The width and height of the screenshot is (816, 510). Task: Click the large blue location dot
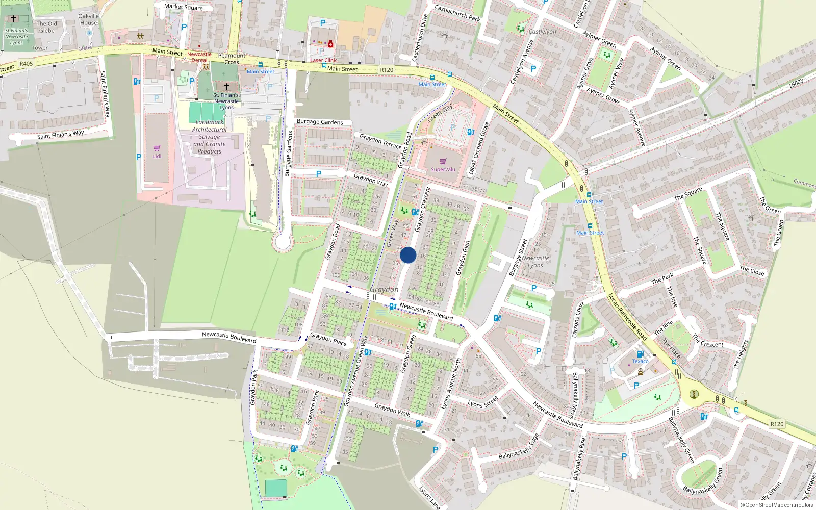pyautogui.click(x=408, y=255)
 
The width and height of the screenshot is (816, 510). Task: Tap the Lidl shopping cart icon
pyautogui.click(x=157, y=148)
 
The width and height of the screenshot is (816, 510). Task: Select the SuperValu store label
pyautogui.click(x=443, y=169)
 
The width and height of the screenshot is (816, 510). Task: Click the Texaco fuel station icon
pyautogui.click(x=640, y=353)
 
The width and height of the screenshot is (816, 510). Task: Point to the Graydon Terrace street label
pyautogui.click(x=380, y=141)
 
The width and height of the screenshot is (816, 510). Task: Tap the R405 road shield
pyautogui.click(x=26, y=64)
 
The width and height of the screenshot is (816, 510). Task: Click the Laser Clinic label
pyautogui.click(x=324, y=60)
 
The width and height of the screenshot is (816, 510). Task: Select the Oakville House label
pyautogui.click(x=88, y=19)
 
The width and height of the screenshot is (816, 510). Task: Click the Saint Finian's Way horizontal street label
pyautogui.click(x=60, y=135)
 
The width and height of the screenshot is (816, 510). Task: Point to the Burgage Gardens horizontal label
pyautogui.click(x=320, y=122)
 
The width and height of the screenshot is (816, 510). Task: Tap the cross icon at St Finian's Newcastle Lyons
pyautogui.click(x=226, y=87)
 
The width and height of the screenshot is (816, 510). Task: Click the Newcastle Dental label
pyautogui.click(x=199, y=57)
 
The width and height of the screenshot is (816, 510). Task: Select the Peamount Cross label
pyautogui.click(x=232, y=59)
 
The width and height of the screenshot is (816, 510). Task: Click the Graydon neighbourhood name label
pyautogui.click(x=384, y=289)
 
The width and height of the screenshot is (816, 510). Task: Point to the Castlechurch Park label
pyautogui.click(x=457, y=13)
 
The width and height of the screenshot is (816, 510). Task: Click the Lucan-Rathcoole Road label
pyautogui.click(x=627, y=317)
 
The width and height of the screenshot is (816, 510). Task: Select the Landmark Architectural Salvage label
pyautogui.click(x=210, y=137)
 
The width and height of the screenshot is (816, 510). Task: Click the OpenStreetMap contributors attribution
pyautogui.click(x=776, y=505)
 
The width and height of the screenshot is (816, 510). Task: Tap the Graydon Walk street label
pyautogui.click(x=392, y=410)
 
